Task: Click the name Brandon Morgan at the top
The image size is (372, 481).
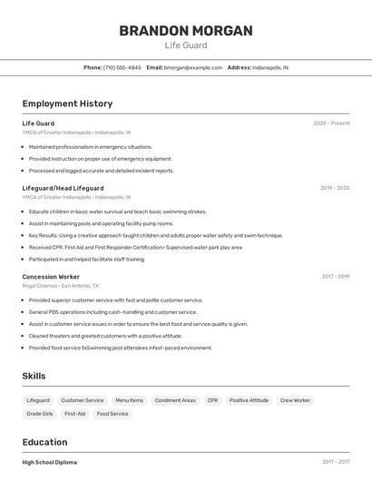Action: click(x=185, y=30)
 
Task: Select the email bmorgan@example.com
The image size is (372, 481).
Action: click(x=193, y=67)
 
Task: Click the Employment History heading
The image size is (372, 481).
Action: click(x=67, y=103)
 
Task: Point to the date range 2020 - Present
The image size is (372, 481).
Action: click(x=331, y=123)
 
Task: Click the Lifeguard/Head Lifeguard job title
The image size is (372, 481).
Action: click(x=63, y=188)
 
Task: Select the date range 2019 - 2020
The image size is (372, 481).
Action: click(x=335, y=188)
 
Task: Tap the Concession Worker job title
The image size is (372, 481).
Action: click(x=51, y=277)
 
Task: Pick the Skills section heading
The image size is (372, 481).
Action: click(x=34, y=376)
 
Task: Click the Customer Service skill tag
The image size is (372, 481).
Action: click(x=83, y=400)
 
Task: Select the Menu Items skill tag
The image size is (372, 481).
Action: click(x=129, y=400)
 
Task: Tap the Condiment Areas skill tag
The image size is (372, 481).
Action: click(x=175, y=400)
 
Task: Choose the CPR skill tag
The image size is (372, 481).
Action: click(x=212, y=400)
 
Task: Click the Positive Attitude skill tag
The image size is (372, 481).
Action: click(x=249, y=400)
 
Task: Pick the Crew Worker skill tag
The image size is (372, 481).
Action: click(x=295, y=400)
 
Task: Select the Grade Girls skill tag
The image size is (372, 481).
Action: click(x=40, y=414)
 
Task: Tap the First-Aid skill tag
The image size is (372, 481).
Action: click(x=74, y=414)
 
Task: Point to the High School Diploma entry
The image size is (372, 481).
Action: click(x=50, y=462)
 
